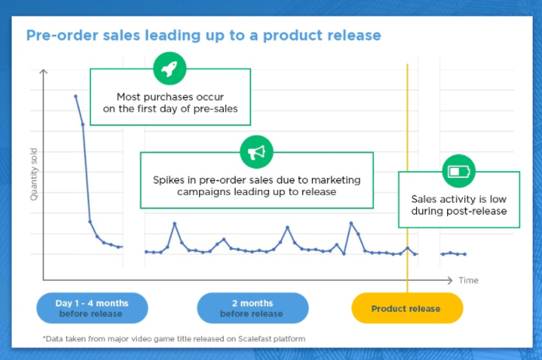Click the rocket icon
[169, 68]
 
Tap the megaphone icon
[256, 152]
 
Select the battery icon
[458, 171]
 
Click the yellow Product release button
[406, 308]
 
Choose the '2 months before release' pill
[252, 308]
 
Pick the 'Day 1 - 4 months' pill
[92, 308]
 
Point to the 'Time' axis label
[468, 280]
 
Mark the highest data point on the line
[75, 96]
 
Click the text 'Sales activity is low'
[459, 199]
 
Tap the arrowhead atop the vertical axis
[44, 72]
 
